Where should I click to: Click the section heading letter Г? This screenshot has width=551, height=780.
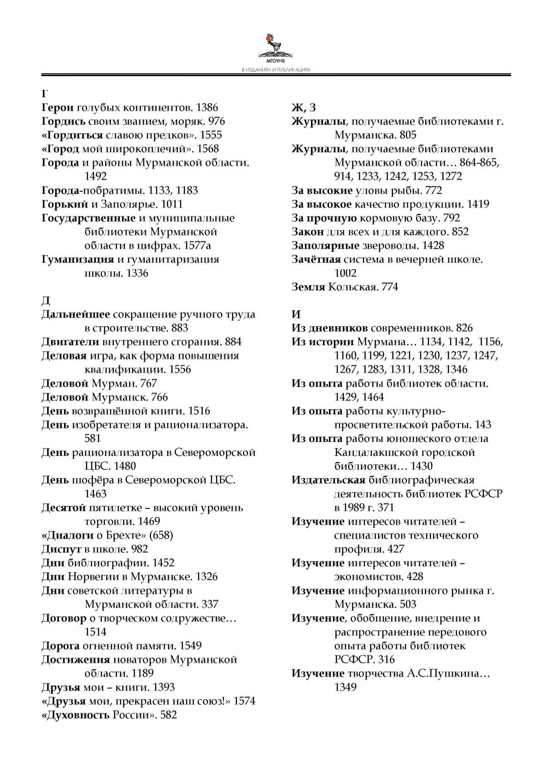click(45, 94)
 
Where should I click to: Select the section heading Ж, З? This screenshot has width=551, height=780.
click(304, 108)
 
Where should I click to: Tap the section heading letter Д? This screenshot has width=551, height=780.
click(46, 301)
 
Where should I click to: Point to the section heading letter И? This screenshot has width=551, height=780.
click(296, 315)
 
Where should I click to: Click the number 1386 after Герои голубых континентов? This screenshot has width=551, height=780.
click(207, 108)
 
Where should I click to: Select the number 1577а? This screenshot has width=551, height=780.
click(197, 246)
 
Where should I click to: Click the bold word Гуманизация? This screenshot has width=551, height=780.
click(78, 260)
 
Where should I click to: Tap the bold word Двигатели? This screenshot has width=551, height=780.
click(70, 342)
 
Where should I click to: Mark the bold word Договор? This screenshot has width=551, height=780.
click(64, 618)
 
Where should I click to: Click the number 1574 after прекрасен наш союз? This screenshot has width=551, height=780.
click(244, 701)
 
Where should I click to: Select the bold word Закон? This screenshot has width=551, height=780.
click(308, 232)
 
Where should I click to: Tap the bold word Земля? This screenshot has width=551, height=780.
click(308, 287)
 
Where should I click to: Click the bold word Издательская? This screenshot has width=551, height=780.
click(328, 480)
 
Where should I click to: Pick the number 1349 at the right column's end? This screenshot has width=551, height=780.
click(346, 687)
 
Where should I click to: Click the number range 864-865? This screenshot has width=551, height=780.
click(478, 163)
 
